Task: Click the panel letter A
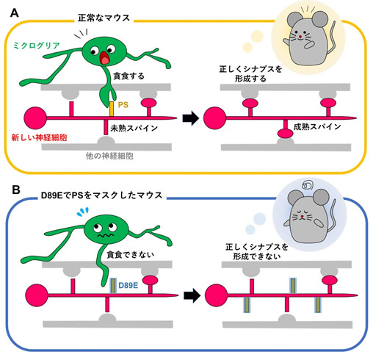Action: [x=15, y=13]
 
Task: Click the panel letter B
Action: [x=16, y=190]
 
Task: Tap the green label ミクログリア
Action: [x=37, y=46]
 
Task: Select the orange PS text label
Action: [x=123, y=105]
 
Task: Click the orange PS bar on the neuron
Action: [x=112, y=109]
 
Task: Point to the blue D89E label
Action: [x=128, y=285]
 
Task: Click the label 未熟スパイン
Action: [x=134, y=128]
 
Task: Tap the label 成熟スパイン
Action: [x=317, y=126]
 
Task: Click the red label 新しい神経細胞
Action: [x=39, y=137]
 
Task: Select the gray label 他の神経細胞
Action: [x=109, y=156]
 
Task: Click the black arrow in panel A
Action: [x=191, y=118]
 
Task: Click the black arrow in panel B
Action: [x=192, y=295]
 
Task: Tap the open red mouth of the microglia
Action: [x=105, y=58]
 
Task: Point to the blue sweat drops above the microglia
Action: [x=83, y=212]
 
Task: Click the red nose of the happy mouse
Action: [x=300, y=37]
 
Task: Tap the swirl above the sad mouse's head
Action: [x=308, y=185]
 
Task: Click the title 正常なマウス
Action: [x=104, y=18]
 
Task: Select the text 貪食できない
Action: [x=131, y=255]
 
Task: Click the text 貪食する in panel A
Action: [x=128, y=76]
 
